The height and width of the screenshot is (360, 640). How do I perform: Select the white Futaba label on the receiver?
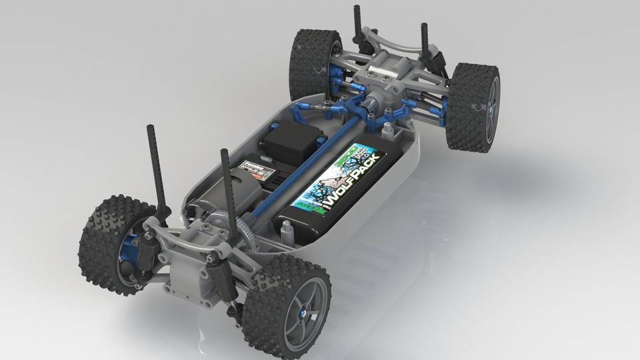(255, 167)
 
